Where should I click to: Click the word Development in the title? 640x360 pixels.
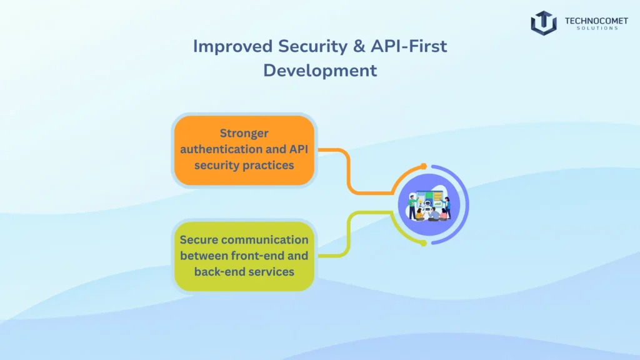click(x=320, y=70)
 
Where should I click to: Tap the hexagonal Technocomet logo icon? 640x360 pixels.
click(x=544, y=22)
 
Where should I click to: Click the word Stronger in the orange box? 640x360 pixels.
click(x=244, y=133)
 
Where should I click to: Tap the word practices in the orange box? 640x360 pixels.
click(x=269, y=166)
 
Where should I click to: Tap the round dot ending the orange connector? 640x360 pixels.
click(x=424, y=166)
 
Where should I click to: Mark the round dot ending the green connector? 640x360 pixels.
click(x=424, y=242)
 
